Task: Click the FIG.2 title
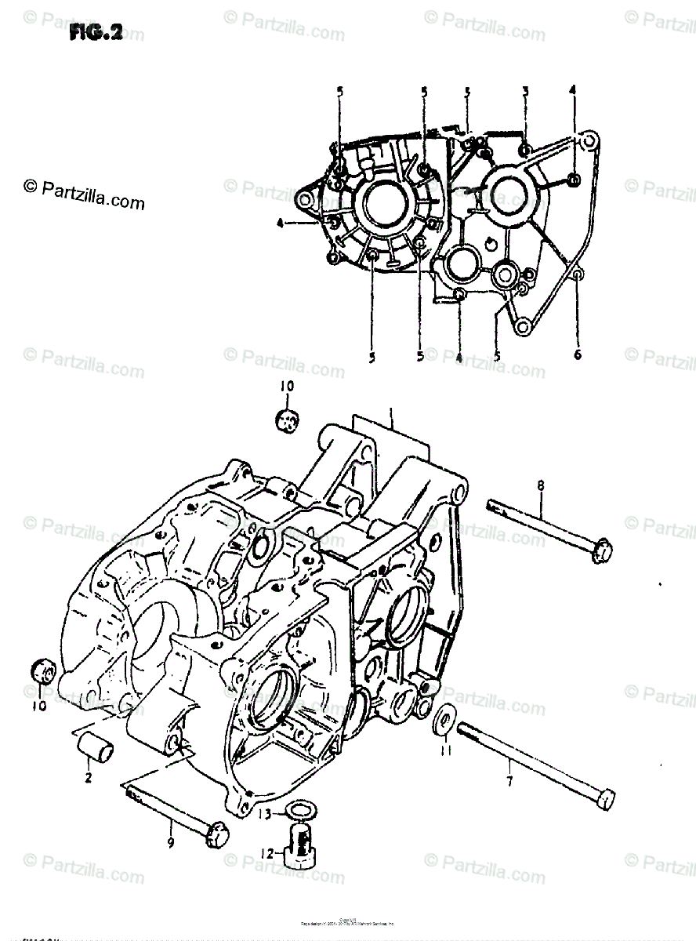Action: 95,34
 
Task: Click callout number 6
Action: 578,354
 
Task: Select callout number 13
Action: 268,813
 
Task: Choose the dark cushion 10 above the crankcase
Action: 288,420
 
